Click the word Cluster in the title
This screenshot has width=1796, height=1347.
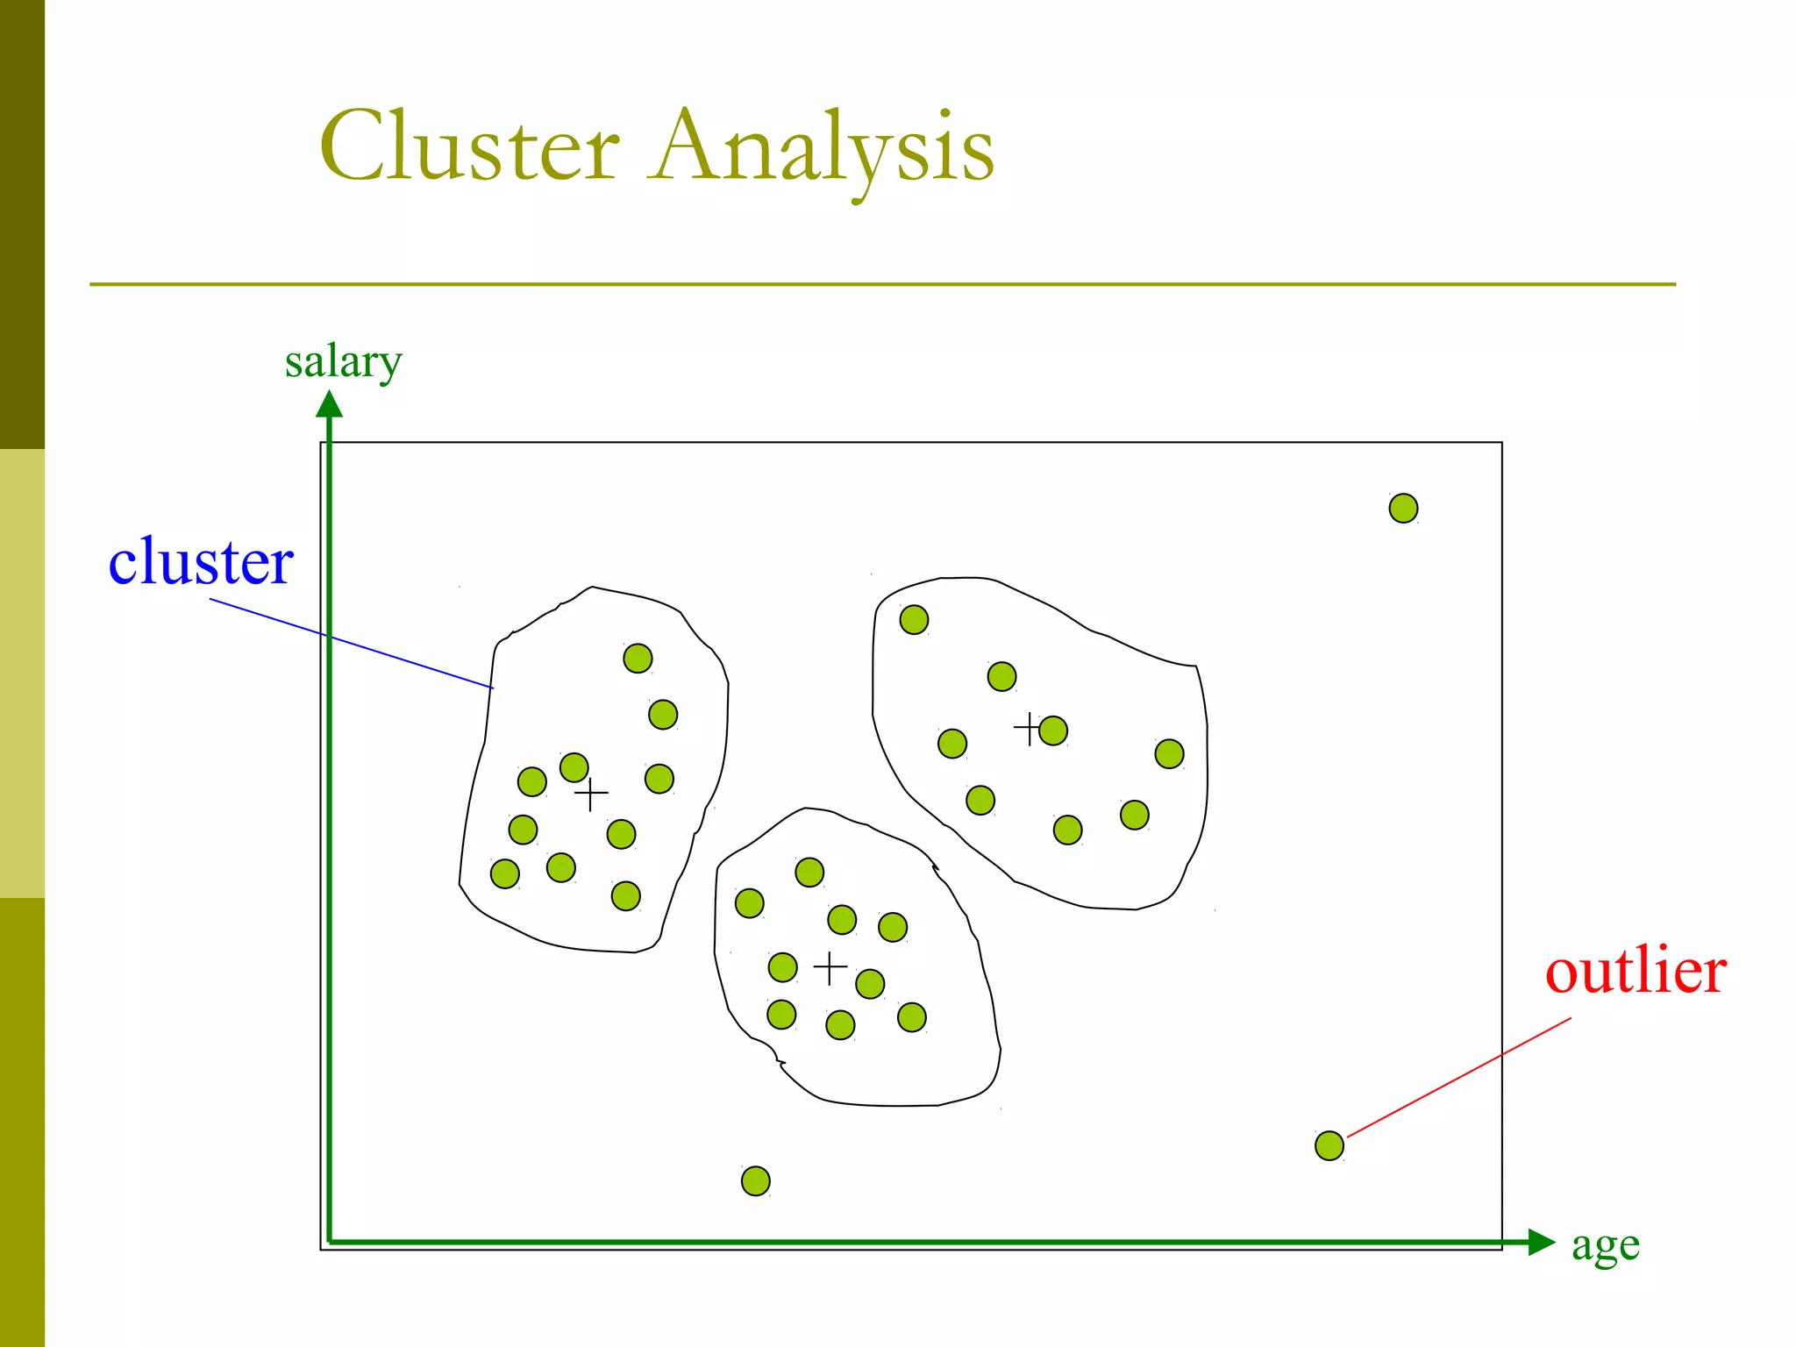tap(470, 146)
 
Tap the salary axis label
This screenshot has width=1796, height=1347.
tap(343, 361)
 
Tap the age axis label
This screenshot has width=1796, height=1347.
tap(1605, 1245)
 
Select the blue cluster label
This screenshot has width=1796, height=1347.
tap(201, 561)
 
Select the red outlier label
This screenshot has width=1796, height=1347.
tap(1636, 972)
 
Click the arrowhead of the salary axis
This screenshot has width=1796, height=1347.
tap(329, 404)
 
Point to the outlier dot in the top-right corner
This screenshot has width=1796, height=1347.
tap(1403, 508)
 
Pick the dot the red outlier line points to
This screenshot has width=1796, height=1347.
tap(1329, 1145)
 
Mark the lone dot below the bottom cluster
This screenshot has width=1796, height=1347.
tap(755, 1181)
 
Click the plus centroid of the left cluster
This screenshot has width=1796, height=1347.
tap(591, 794)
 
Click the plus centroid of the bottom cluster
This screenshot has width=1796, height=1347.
tap(830, 968)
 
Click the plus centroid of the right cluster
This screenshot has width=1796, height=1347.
tap(1029, 728)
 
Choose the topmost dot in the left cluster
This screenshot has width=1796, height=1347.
tap(638, 658)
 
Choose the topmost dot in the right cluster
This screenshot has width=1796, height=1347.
tap(914, 620)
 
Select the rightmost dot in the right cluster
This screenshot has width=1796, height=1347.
tap(1169, 753)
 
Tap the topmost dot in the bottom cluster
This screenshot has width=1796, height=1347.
tap(809, 872)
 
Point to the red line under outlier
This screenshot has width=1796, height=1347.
tap(1459, 1077)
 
